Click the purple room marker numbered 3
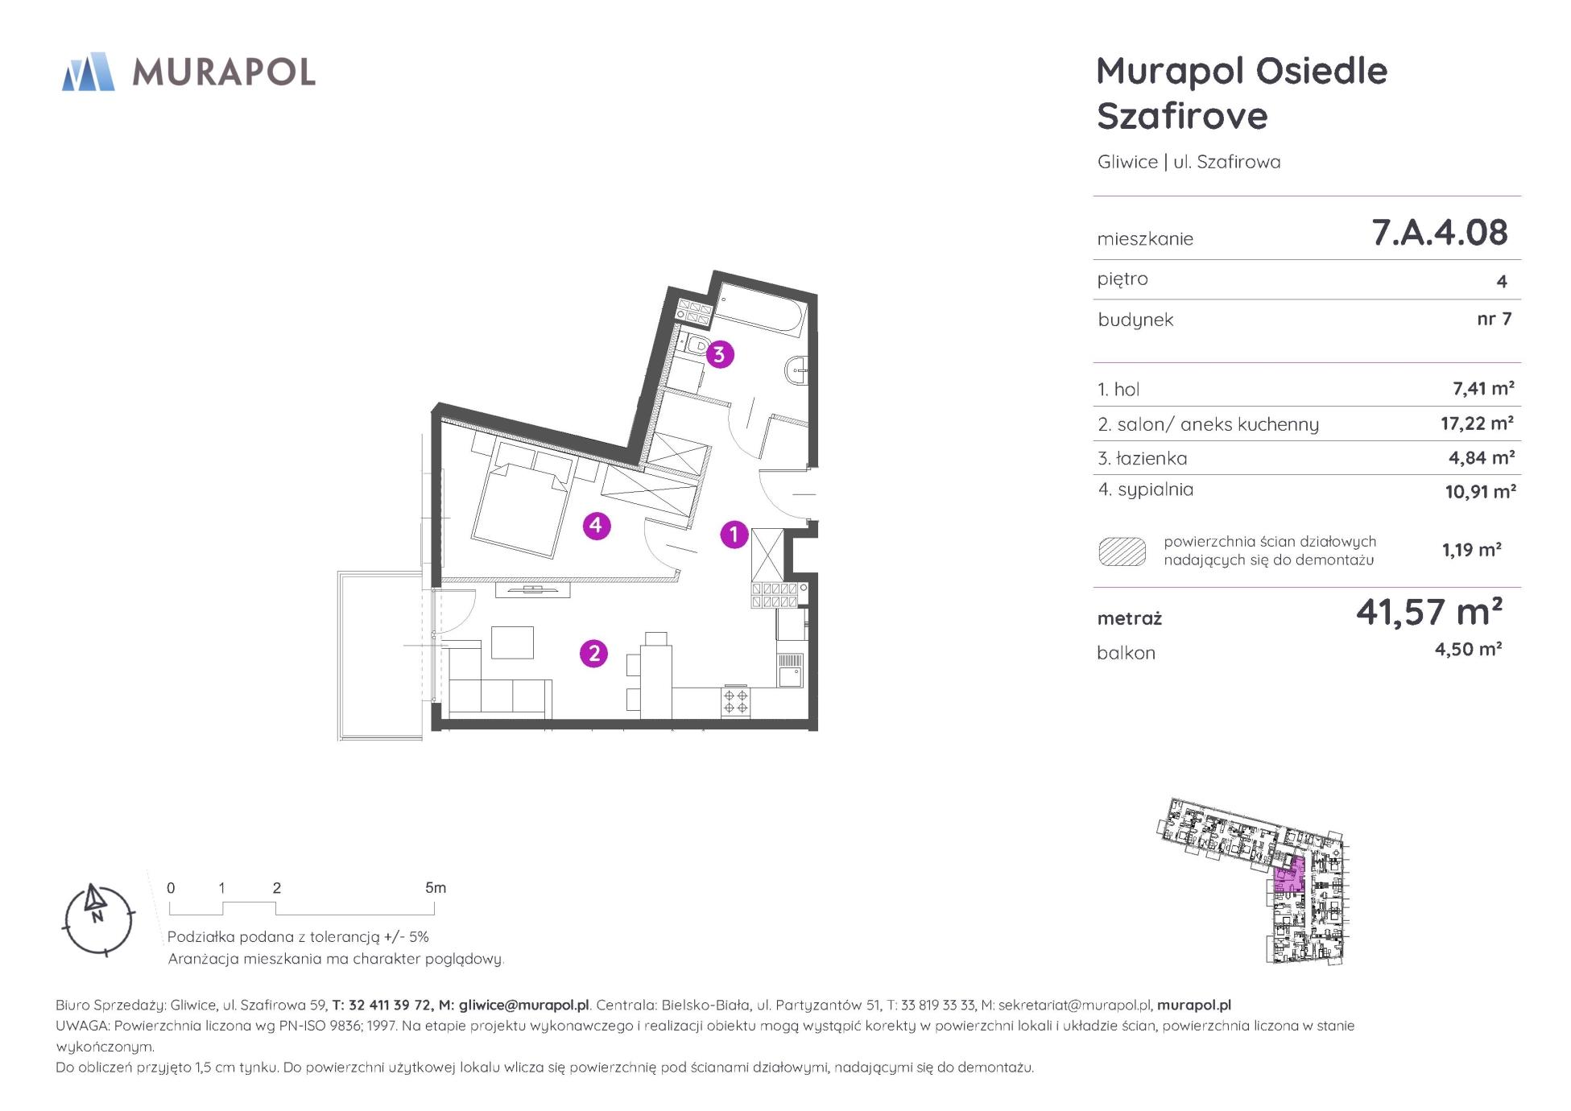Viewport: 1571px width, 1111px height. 719,353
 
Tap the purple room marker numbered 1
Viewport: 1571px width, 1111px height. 734,534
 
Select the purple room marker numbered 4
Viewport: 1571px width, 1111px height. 596,526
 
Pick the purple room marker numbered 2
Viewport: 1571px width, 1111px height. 594,653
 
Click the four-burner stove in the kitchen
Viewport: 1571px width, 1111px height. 735,701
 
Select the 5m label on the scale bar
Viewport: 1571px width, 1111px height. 436,888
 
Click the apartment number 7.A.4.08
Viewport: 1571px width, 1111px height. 1439,232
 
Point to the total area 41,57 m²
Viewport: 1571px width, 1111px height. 1428,613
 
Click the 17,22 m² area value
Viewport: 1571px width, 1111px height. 1477,423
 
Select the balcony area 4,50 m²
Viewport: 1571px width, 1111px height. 1468,649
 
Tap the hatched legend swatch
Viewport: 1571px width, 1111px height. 1122,551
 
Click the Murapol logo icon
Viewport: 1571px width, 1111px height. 89,72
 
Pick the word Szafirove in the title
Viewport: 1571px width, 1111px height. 1182,116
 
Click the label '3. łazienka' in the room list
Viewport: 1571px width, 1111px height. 1142,458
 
